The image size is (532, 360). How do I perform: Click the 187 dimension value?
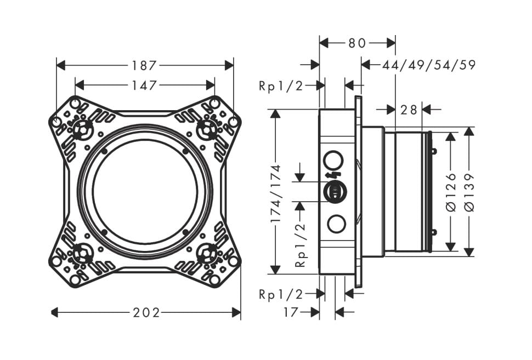pyautogui.click(x=144, y=65)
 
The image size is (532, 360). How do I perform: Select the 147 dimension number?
pyautogui.click(x=144, y=85)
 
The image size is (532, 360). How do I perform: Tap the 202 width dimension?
pyautogui.click(x=146, y=312)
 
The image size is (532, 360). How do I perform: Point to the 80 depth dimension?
pyautogui.click(x=357, y=43)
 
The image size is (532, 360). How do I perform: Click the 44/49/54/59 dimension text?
pyautogui.click(x=429, y=65)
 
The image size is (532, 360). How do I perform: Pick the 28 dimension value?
pyautogui.click(x=409, y=110)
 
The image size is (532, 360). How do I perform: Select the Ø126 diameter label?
pyautogui.click(x=451, y=192)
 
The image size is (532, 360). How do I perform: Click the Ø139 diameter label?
pyautogui.click(x=469, y=192)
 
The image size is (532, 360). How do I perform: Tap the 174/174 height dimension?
pyautogui.click(x=276, y=193)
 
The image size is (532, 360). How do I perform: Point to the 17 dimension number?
pyautogui.click(x=291, y=312)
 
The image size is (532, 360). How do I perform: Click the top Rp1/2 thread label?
pyautogui.click(x=281, y=86)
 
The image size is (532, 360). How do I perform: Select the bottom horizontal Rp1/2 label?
pyautogui.click(x=281, y=294)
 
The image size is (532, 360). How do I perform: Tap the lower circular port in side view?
pyautogui.click(x=337, y=224)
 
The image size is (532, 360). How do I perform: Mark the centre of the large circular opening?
pyautogui.click(x=145, y=191)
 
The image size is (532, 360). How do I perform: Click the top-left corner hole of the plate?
pyautogui.click(x=75, y=102)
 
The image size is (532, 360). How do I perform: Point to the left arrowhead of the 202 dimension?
pyautogui.click(x=55, y=312)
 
